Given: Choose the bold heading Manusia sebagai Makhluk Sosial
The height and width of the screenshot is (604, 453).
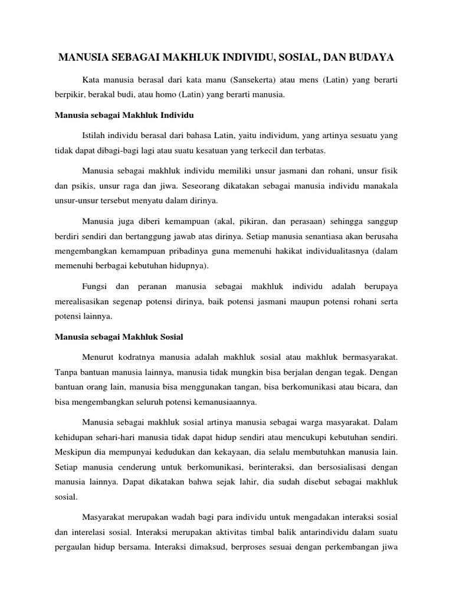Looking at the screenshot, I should point(119,337).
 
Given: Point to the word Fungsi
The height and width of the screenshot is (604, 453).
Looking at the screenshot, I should point(96,287).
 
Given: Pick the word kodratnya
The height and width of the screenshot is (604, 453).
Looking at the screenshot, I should point(142,357).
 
